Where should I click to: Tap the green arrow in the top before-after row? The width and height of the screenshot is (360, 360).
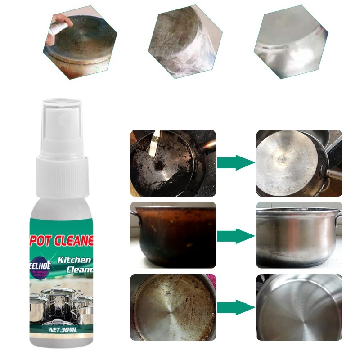pos(235,162)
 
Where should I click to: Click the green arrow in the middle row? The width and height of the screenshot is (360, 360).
pos(235,235)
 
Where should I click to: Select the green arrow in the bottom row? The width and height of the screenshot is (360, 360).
pos(235,308)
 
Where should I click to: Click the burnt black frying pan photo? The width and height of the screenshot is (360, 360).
pos(173,163)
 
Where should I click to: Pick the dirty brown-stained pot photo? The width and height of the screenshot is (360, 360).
pos(173,235)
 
